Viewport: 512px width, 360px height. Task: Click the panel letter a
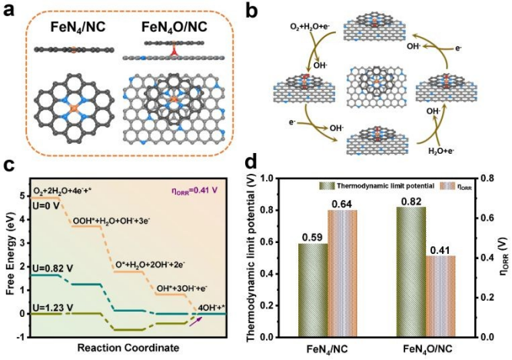[9, 11]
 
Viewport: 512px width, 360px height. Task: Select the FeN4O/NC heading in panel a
[175, 27]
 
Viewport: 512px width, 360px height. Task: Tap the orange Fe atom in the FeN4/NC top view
[74, 108]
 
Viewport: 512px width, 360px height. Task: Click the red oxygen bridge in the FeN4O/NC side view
[174, 52]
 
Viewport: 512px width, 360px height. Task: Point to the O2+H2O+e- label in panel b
[312, 26]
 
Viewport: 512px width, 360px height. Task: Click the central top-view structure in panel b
[376, 87]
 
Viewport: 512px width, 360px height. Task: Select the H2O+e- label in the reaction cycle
[441, 151]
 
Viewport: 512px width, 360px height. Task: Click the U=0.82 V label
[53, 268]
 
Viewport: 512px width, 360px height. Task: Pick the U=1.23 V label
[53, 308]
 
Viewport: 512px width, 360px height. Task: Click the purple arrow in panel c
[196, 321]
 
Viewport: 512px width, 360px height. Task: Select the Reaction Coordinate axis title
[128, 348]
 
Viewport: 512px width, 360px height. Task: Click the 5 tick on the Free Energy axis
[22, 195]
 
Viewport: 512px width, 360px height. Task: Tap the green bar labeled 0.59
[313, 291]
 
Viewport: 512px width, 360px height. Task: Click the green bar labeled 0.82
[411, 272]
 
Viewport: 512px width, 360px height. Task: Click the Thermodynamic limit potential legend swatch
[327, 186]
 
